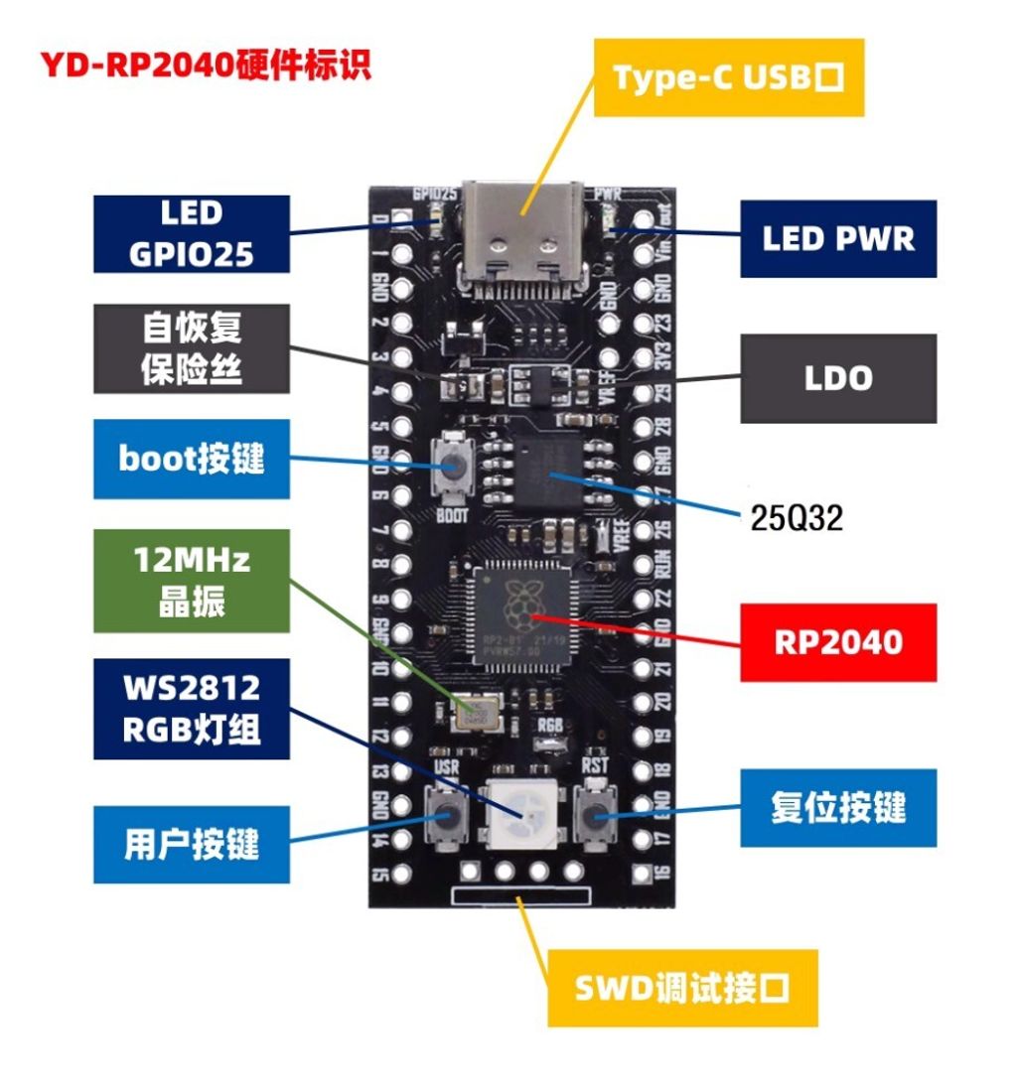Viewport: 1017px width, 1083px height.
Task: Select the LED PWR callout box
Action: point(837,238)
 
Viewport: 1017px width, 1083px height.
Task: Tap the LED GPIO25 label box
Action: point(192,234)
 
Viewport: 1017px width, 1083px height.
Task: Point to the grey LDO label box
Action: point(837,378)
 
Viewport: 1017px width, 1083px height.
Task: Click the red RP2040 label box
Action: point(837,641)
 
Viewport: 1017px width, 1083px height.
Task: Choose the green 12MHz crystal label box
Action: point(192,581)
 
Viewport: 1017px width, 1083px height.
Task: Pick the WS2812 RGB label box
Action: point(192,709)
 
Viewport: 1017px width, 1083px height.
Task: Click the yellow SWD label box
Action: point(682,988)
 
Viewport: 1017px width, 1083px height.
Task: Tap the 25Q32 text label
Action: point(796,516)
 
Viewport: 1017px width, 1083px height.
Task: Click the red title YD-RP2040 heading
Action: point(206,66)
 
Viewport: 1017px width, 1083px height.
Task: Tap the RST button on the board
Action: point(595,813)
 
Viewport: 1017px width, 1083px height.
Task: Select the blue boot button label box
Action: point(192,459)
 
